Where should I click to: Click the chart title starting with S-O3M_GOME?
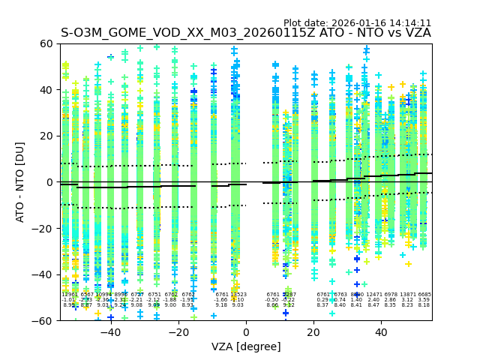pos(246,33)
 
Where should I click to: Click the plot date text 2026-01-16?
pos(357,23)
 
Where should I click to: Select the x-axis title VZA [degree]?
pos(246,346)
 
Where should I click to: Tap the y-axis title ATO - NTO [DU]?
pos(21,182)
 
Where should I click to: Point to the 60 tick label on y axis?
pos(46,43)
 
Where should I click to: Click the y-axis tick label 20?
pos(46,136)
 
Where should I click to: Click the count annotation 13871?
pos(407,295)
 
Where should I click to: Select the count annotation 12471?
pos(373,295)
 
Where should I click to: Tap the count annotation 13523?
pos(238,295)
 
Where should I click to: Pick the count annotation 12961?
pos(69,295)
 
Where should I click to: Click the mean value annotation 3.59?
pos(424,300)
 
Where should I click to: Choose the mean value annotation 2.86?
pos(390,300)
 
